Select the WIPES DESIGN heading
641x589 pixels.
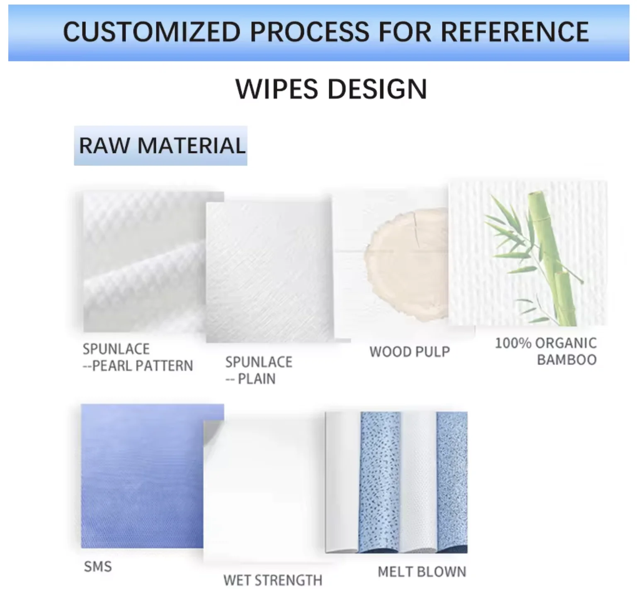coord(331,89)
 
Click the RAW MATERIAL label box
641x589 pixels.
coord(161,146)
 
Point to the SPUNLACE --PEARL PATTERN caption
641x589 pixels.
coord(137,357)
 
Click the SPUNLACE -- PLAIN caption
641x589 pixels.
coord(258,370)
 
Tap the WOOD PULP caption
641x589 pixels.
coord(409,352)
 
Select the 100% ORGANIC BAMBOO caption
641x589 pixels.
coord(546,351)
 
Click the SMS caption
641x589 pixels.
coord(98,566)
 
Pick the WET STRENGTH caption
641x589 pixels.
coord(272,580)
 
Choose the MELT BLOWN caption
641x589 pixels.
coord(422,572)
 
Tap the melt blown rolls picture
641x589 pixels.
coord(396,482)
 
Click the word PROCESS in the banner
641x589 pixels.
coord(309,32)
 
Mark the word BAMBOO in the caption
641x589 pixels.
coord(567,360)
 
